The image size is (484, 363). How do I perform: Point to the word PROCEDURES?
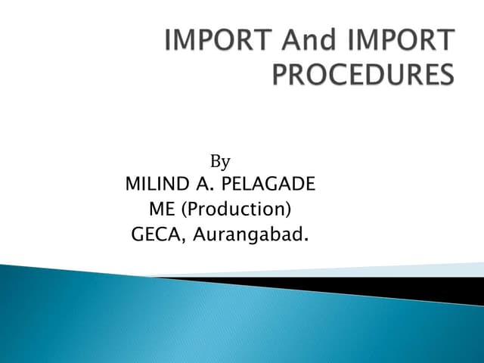pos(365,76)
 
